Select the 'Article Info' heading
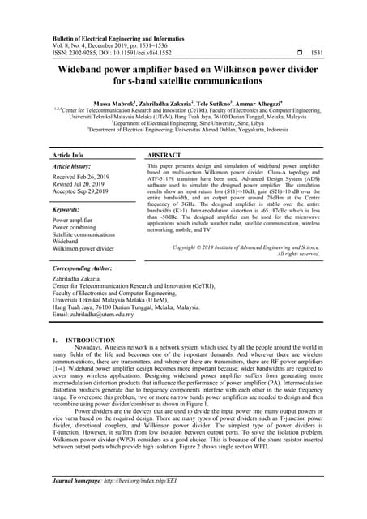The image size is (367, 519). [x=67, y=154]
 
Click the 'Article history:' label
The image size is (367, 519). [x=72, y=166]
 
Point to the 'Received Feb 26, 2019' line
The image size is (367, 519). [x=86, y=177]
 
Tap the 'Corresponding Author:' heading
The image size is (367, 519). [x=85, y=267]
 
